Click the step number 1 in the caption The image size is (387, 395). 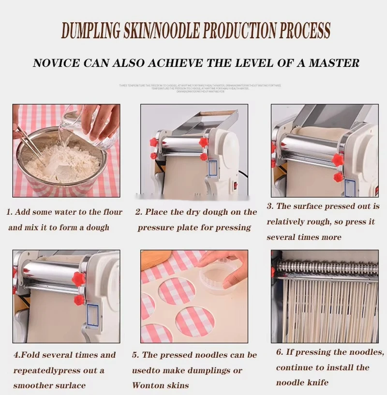click(9, 212)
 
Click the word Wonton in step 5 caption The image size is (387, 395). click(148, 386)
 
